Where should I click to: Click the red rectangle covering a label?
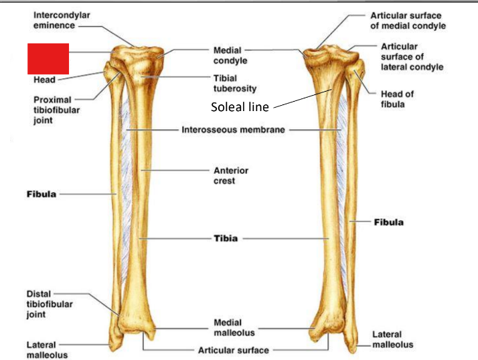pyautogui.click(x=48, y=58)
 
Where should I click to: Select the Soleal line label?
pyautogui.click(x=239, y=106)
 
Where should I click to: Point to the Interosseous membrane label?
pyautogui.click(x=233, y=129)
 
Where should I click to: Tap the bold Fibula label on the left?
pyautogui.click(x=40, y=194)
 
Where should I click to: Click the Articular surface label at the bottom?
pyautogui.click(x=233, y=350)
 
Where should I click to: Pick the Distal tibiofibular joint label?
pyautogui.click(x=50, y=304)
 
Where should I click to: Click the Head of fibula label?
pyautogui.click(x=397, y=99)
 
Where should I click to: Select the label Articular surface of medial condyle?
pyautogui.click(x=408, y=20)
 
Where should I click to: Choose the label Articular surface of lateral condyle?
pyautogui.click(x=412, y=57)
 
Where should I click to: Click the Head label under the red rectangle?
pyautogui.click(x=44, y=80)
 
